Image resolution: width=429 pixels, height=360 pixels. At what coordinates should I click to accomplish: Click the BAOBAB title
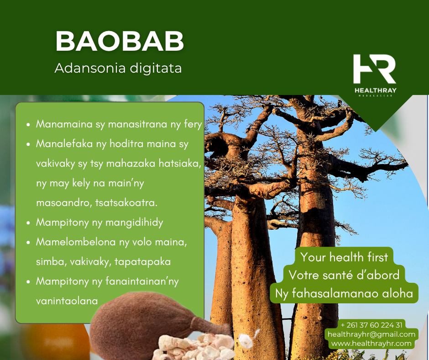120,41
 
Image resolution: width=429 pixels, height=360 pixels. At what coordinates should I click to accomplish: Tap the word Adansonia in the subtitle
90,68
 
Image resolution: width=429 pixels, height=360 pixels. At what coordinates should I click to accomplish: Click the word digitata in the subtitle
156,69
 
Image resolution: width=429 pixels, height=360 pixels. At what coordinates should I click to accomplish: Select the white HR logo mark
375,69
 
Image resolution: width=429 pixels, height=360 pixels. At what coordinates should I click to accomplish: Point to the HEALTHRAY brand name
375,90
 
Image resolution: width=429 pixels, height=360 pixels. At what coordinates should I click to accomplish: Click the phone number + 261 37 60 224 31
371,325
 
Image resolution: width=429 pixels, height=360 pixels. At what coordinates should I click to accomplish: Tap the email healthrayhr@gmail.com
371,334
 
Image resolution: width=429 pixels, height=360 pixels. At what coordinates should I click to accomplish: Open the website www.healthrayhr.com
371,344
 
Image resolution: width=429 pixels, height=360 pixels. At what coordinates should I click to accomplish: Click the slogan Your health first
344,257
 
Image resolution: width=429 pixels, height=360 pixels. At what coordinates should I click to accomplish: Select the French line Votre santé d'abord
344,275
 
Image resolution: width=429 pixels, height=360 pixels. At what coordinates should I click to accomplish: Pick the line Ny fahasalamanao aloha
344,293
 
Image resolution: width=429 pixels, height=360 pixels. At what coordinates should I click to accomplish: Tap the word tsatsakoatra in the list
126,203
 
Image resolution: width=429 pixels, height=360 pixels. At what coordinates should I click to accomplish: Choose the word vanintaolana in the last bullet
67,301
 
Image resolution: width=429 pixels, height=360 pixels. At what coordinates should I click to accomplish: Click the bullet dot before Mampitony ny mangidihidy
28,223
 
